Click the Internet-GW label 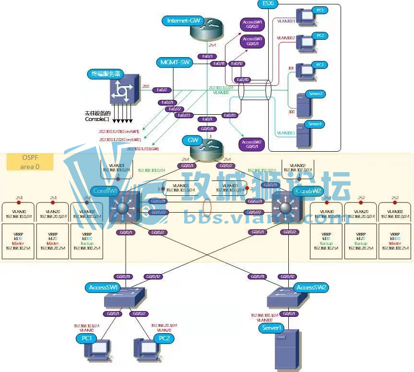[x=184, y=21]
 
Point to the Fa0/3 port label [x=207, y=56]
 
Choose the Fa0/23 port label [x=185, y=115]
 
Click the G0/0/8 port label [x=207, y=129]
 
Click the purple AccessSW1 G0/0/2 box [x=252, y=25]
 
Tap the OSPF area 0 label [x=30, y=163]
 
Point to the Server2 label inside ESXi [x=316, y=94]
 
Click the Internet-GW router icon [x=206, y=30]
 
